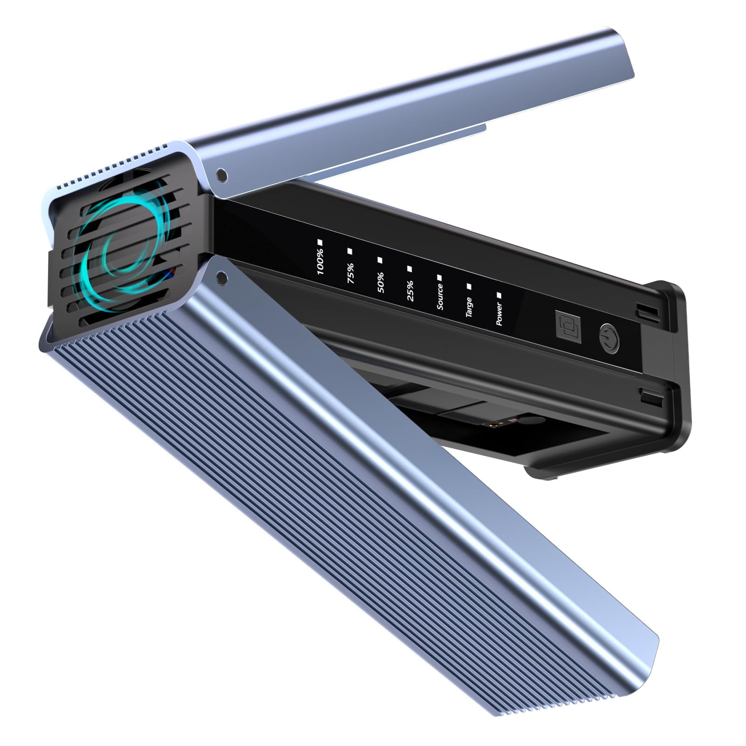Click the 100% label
pos(321,262)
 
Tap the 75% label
pos(351,272)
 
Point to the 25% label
pos(410,291)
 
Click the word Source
pos(440,297)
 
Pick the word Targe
pos(469,307)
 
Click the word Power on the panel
pos(499,313)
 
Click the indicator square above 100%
pos(320,242)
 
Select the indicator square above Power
pos(499,295)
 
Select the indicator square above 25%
pos(410,269)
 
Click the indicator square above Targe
pos(469,286)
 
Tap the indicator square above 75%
pos(350,251)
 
